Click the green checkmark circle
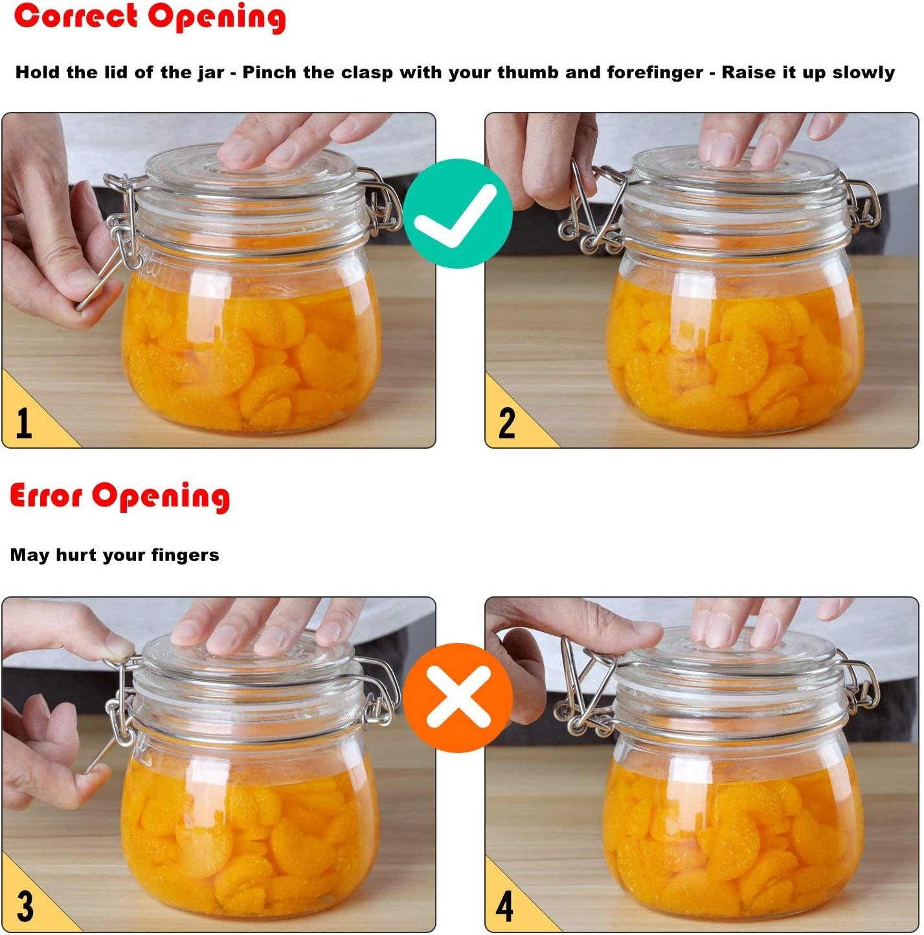tap(458, 214)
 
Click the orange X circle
tap(458, 697)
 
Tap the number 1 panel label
tap(24, 423)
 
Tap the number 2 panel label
tap(506, 423)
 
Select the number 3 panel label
tap(25, 906)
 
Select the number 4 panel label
tap(504, 906)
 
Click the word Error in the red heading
tap(46, 497)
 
